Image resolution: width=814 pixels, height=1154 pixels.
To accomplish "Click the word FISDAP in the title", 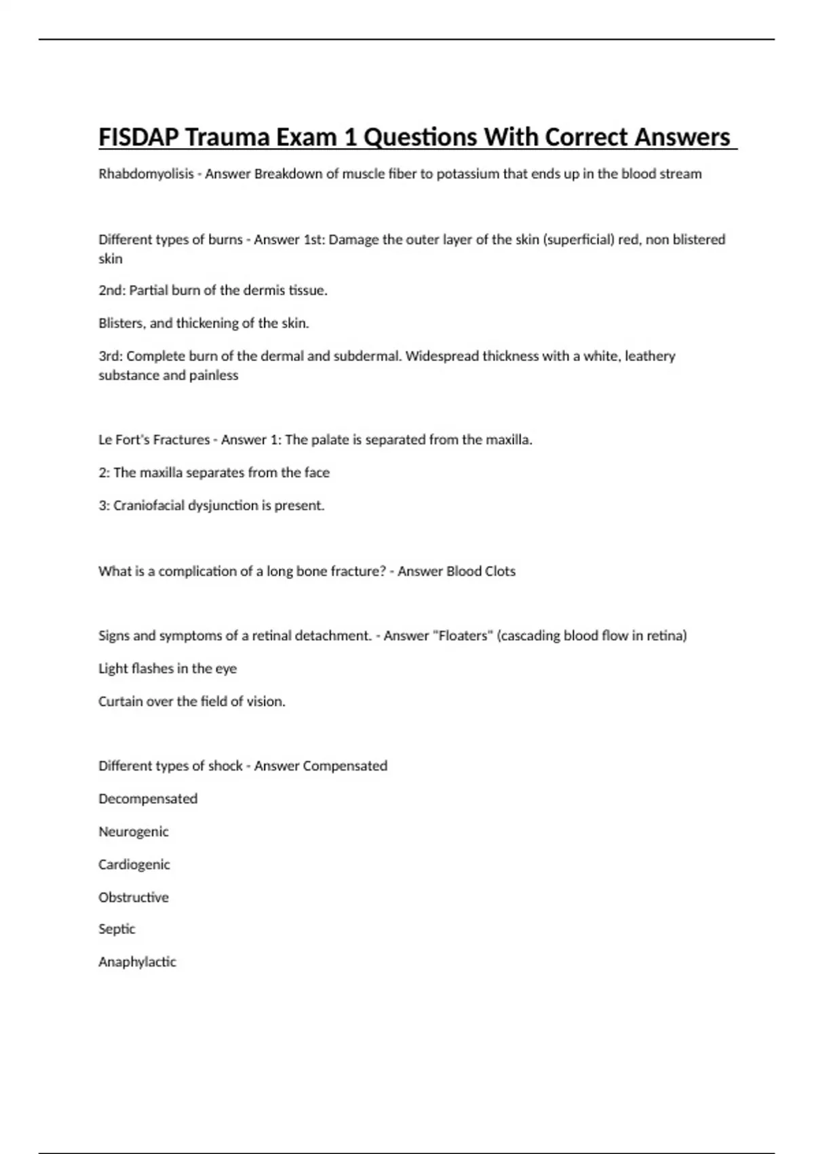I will point(139,138).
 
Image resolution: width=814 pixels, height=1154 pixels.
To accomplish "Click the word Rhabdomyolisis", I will point(146,174).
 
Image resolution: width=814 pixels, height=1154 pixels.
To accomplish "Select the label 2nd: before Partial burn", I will point(112,291).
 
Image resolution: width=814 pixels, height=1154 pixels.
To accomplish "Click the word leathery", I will point(650,356).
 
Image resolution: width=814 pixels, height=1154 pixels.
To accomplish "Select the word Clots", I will point(500,572).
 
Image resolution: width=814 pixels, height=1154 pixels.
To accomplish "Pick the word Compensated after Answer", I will point(345,766).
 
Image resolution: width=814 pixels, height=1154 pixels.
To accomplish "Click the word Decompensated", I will point(148,799).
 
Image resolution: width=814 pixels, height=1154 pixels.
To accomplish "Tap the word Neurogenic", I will point(134,832).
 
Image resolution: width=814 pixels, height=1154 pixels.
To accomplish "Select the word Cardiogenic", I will point(134,865).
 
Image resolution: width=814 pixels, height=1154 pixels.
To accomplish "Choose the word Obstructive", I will point(134,897).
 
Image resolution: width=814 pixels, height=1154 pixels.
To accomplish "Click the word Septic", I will point(117,929).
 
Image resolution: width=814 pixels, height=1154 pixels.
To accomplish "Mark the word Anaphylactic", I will point(137,962).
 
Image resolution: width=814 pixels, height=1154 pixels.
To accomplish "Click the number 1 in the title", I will point(350,138).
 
